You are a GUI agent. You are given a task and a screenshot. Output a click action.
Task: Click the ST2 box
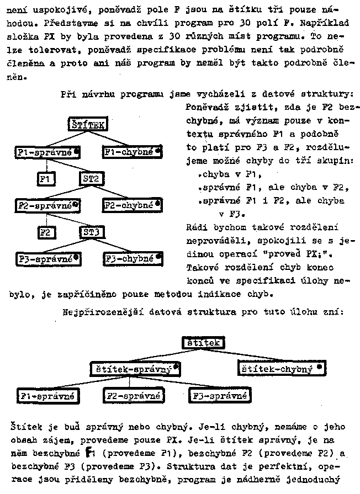tap(90, 178)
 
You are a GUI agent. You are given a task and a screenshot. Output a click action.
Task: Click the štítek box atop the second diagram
tap(203, 343)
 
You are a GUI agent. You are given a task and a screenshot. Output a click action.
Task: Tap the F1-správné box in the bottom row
tap(46, 396)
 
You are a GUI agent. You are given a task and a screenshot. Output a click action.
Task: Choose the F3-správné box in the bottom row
tap(219, 396)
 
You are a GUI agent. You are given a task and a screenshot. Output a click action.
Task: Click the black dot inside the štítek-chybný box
tap(319, 366)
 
